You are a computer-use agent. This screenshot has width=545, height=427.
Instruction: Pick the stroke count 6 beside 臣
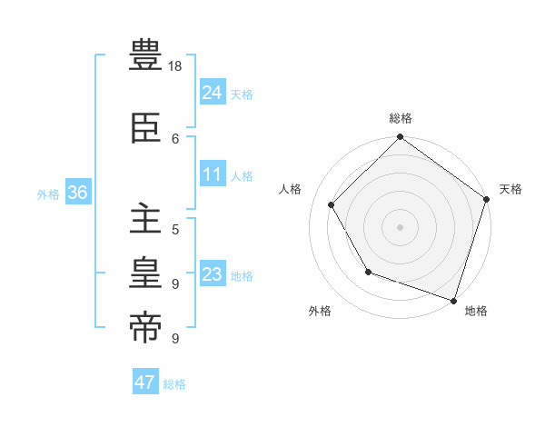(175, 138)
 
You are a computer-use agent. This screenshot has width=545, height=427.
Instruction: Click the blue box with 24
(213, 93)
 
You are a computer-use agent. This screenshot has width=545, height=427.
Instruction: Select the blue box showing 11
(213, 174)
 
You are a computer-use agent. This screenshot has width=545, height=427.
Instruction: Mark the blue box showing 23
(213, 274)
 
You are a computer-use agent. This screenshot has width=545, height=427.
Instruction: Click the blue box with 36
(77, 193)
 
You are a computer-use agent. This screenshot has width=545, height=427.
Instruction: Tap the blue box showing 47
(145, 382)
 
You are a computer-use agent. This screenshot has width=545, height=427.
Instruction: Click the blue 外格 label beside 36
(48, 194)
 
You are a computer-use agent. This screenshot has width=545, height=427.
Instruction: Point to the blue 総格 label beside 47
(174, 384)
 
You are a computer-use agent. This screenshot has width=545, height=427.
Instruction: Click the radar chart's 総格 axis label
(401, 118)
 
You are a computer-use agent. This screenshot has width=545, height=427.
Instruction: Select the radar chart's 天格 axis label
(510, 189)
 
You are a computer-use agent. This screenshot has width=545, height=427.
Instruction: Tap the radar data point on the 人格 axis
(332, 204)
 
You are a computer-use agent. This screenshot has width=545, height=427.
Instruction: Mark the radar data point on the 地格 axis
(453, 299)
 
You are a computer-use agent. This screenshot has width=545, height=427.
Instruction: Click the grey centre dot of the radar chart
(401, 226)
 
